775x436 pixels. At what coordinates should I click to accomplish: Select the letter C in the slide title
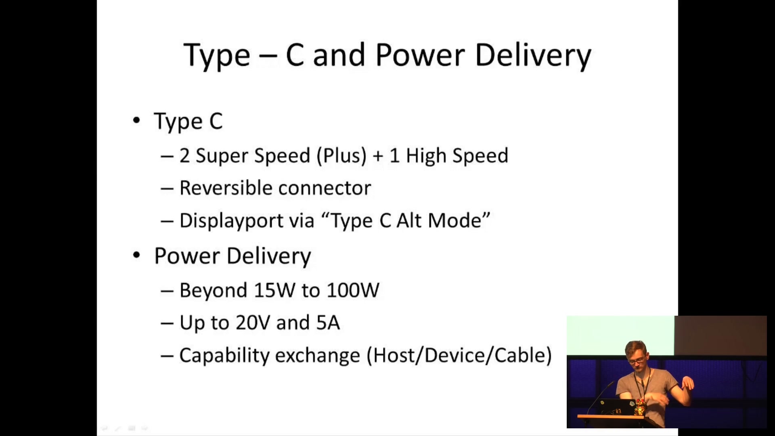tap(295, 55)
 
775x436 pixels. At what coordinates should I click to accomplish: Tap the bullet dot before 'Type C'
tap(136, 120)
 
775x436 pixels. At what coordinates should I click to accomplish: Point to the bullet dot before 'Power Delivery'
tap(136, 255)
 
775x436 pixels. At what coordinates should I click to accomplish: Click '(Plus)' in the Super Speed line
tap(341, 156)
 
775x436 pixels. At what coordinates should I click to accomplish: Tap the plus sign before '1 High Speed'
tap(378, 156)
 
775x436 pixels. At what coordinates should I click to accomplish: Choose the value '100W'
tap(353, 290)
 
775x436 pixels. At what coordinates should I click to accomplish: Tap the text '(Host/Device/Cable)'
tap(459, 356)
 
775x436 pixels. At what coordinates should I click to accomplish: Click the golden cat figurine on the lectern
tap(639, 407)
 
